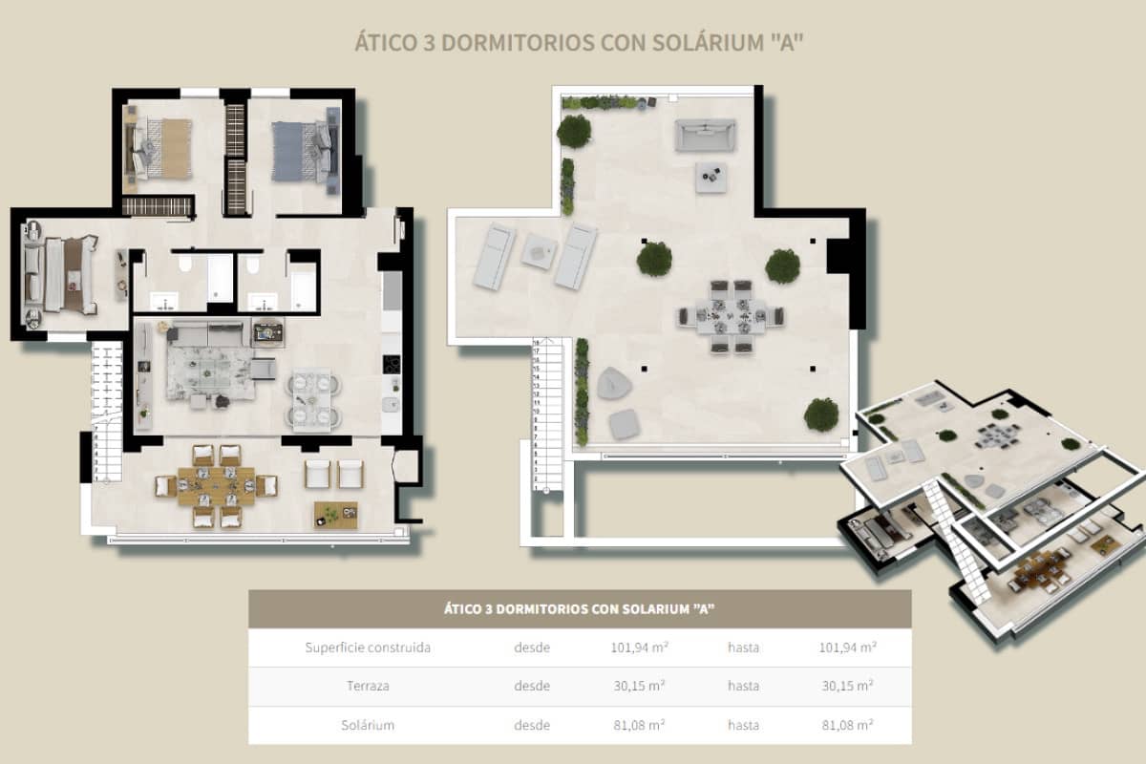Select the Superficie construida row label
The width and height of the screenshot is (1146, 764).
point(368,647)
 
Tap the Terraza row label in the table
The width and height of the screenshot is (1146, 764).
point(368,686)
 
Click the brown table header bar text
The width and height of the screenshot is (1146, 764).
point(580,608)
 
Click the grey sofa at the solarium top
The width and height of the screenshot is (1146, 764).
point(705,135)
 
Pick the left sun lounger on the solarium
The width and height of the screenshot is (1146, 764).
point(494,256)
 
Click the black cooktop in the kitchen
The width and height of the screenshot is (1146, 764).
point(392,365)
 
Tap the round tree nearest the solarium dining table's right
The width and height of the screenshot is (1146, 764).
point(782,265)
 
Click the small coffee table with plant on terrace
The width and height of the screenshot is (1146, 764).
point(335,515)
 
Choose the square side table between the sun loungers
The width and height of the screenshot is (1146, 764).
point(538,251)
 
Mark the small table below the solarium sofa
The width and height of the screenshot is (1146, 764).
point(711,177)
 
